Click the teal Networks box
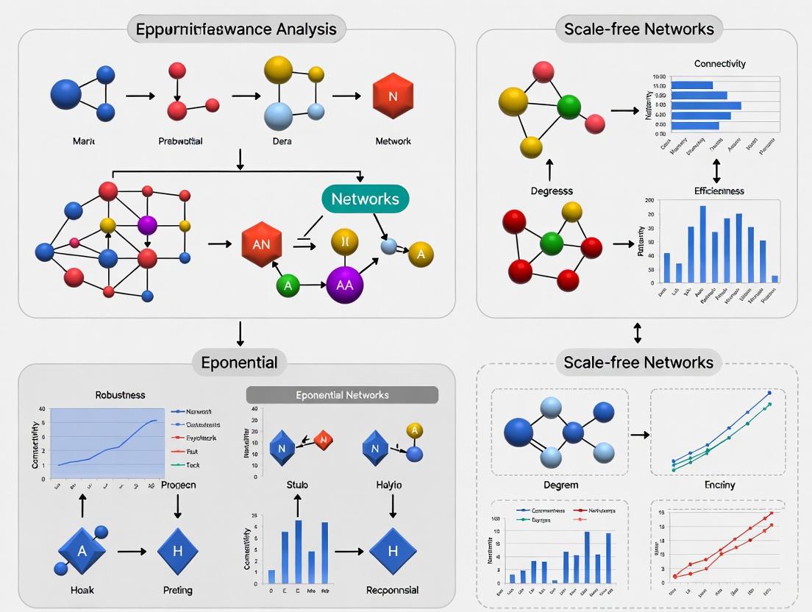365,199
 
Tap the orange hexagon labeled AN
261,246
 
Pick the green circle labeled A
288,285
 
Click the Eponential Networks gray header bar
342,395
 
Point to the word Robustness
120,394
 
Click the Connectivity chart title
719,64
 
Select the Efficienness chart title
719,191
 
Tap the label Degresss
552,191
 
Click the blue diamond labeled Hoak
82,550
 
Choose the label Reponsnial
392,590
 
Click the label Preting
177,590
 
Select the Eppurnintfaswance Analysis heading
236,29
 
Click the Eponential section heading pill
239,362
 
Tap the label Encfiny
719,485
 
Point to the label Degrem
560,485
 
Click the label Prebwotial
180,140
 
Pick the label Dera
282,140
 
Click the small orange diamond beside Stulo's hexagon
323,441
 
